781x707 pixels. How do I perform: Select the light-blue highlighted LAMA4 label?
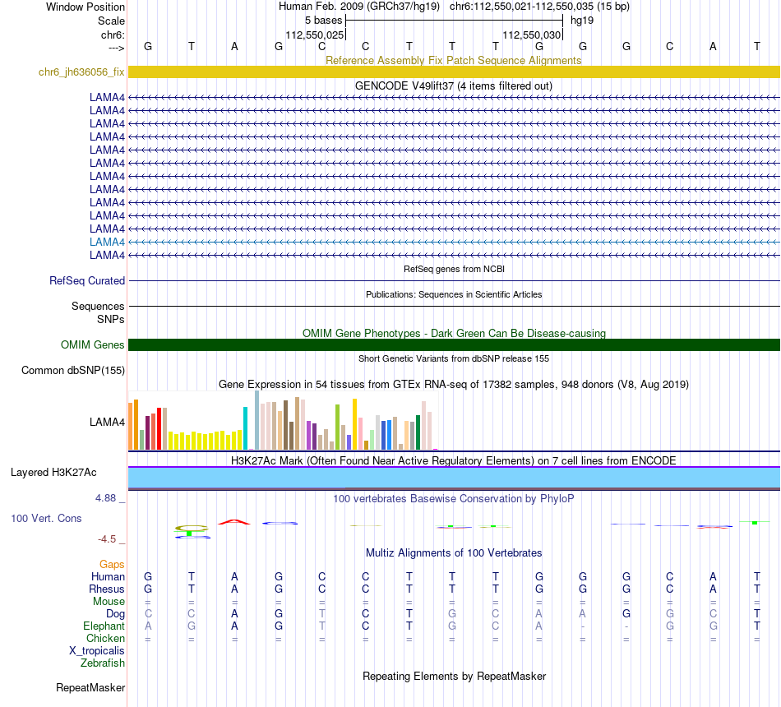(x=107, y=242)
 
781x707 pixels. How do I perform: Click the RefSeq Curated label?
(x=87, y=280)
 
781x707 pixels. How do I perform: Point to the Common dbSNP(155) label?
(x=73, y=370)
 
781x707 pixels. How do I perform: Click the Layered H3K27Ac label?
(x=53, y=472)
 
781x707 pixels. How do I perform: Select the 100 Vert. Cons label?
(x=46, y=518)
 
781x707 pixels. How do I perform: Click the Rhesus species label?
(x=107, y=589)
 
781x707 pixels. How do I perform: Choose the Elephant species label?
(x=104, y=626)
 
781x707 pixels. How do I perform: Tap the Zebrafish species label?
(x=103, y=663)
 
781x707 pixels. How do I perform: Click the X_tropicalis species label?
(x=97, y=650)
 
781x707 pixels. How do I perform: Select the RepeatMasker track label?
(x=90, y=687)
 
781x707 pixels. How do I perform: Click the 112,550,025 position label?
(x=314, y=35)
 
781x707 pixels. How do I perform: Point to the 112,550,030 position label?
(x=531, y=35)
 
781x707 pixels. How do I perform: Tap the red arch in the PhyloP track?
(x=234, y=521)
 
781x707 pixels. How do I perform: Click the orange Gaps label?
(x=112, y=564)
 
